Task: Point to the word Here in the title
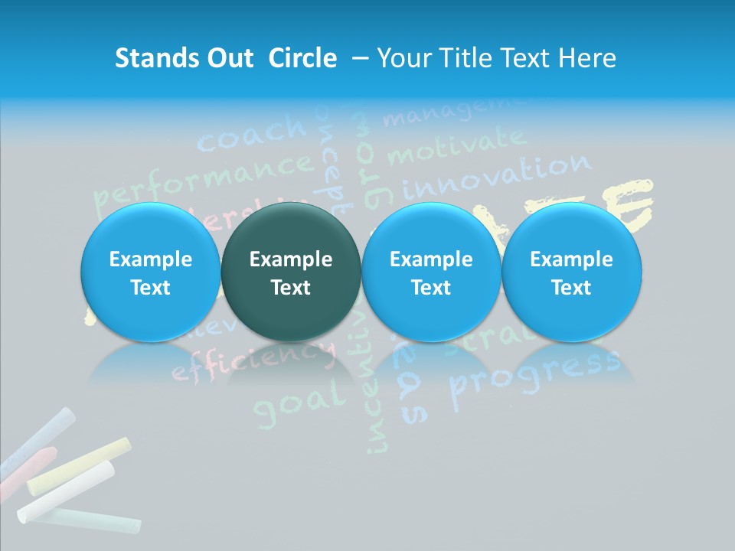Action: point(589,58)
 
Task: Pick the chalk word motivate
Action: point(456,145)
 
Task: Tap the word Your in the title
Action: point(403,58)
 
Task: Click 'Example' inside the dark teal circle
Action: point(291,259)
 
